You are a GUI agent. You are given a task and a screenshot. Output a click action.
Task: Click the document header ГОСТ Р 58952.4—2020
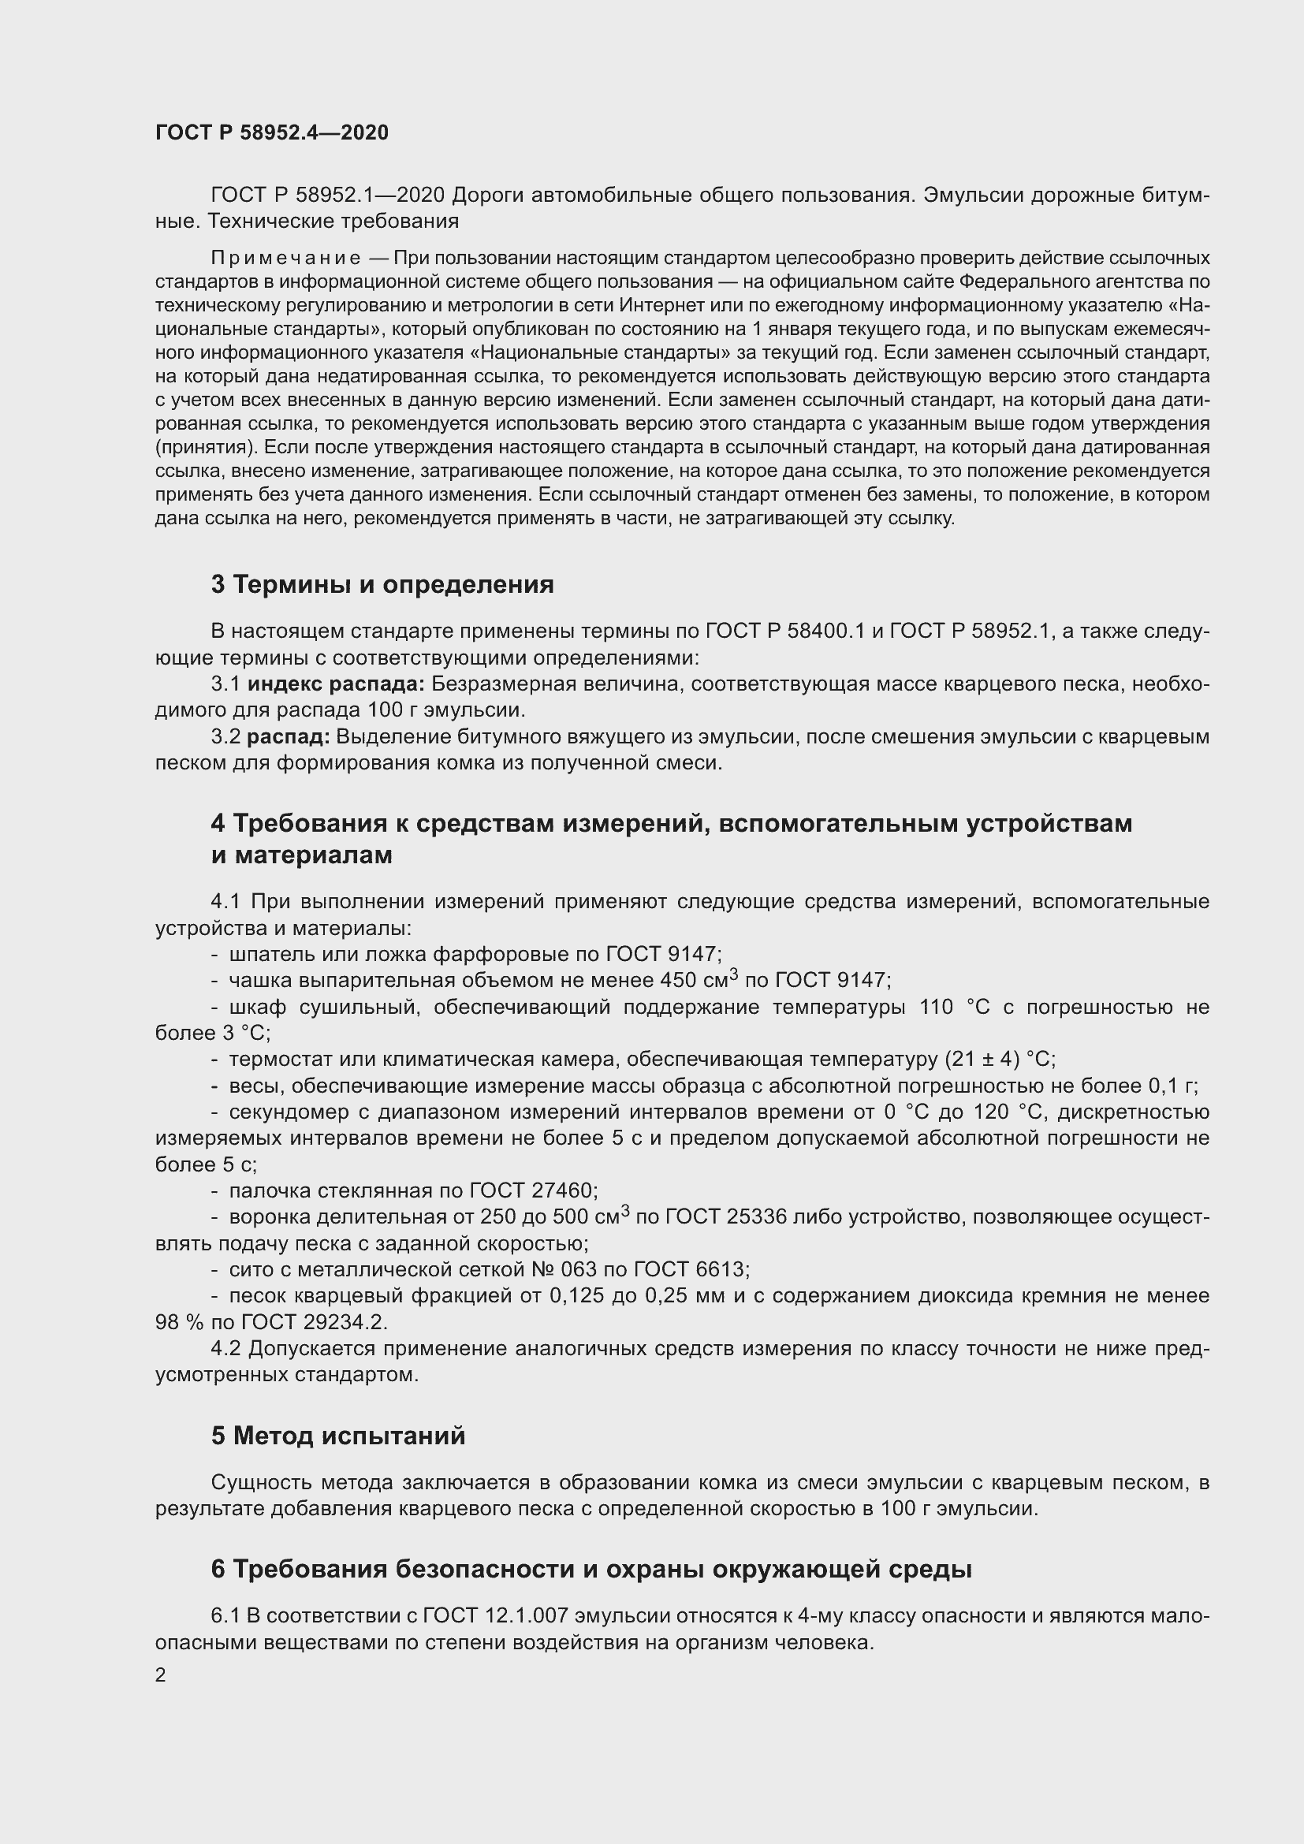coord(271,132)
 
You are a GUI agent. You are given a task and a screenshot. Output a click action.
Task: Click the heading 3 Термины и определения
coord(382,584)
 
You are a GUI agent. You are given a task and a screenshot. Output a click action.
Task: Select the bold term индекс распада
coord(336,684)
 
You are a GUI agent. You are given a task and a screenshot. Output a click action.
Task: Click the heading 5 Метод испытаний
coord(338,1435)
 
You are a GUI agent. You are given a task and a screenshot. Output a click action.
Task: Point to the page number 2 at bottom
coord(161,1675)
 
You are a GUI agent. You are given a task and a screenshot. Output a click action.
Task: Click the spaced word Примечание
coord(285,258)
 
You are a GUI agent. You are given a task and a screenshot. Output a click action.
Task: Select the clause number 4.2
coord(226,1347)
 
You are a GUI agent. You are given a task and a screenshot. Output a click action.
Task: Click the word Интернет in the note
coord(654,305)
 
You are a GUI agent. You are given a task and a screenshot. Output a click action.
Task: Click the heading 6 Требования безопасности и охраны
coord(591,1569)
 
